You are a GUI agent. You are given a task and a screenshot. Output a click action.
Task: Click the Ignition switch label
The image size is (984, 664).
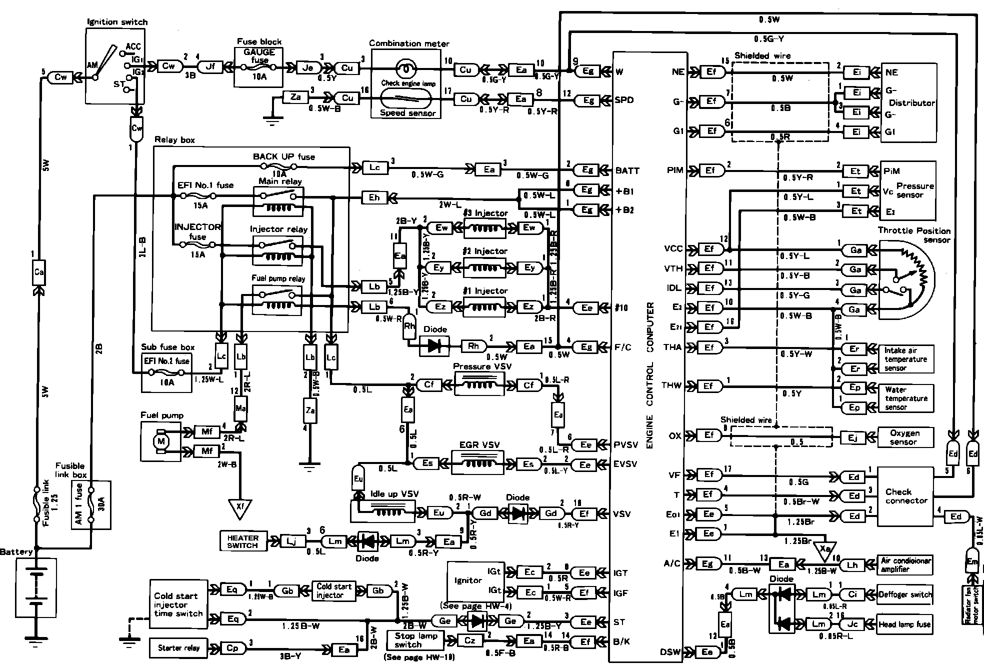117,21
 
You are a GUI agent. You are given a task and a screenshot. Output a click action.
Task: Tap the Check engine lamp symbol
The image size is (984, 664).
406,67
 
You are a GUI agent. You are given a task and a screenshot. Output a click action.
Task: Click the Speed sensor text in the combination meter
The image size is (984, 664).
407,113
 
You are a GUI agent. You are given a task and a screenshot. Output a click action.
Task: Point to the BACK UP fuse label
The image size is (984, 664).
284,156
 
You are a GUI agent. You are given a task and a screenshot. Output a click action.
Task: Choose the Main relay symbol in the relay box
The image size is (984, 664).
278,199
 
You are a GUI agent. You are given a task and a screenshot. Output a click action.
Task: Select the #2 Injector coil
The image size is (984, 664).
484,267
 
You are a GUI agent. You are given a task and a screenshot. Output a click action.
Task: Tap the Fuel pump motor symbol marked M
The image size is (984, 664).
161,441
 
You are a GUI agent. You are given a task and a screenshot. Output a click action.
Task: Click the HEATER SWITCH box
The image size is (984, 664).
243,541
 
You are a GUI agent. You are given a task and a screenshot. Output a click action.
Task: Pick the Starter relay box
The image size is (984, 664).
178,648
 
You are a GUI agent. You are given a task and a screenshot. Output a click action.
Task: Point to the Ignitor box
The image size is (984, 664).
468,581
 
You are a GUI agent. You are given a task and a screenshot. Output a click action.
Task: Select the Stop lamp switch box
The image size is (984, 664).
415,640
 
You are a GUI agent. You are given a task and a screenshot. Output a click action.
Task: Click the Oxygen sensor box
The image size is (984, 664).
905,437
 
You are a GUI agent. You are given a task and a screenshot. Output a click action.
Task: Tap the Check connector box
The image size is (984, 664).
905,496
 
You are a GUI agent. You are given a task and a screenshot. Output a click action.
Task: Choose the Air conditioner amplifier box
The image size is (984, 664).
905,565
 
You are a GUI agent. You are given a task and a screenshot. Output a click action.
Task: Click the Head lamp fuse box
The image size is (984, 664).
905,624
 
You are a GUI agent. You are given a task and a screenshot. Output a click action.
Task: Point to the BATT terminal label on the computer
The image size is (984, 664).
627,170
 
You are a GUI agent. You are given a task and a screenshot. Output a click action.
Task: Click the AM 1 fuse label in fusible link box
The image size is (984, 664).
79,505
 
